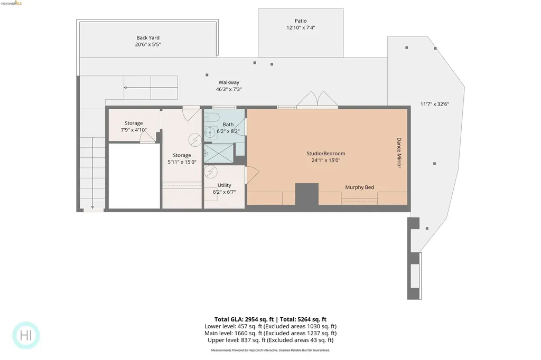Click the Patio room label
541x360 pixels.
coord(300,21)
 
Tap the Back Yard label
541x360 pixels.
coord(147,38)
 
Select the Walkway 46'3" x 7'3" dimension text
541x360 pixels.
coord(229,90)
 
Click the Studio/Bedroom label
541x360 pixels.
coord(325,154)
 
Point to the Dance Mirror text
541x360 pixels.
coord(399,153)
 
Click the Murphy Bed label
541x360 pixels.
coord(359,187)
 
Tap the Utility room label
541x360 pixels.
coord(224,185)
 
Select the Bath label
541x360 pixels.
coord(228,125)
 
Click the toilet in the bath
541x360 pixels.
coord(210,117)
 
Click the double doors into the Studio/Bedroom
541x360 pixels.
coord(316,99)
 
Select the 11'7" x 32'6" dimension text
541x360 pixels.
coord(434,104)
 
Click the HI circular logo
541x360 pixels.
coord(26,335)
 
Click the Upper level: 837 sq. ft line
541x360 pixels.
coord(270,340)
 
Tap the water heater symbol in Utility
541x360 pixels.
coord(212,172)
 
